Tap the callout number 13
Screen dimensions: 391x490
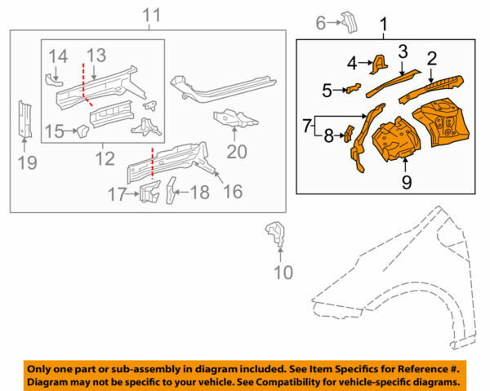pyautogui.click(x=97, y=55)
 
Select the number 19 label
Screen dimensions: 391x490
pyautogui.click(x=27, y=163)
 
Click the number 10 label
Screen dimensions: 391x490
pyautogui.click(x=282, y=272)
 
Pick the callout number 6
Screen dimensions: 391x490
pyautogui.click(x=321, y=22)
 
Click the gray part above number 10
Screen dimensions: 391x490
pyautogui.click(x=275, y=233)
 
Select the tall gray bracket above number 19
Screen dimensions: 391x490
pyautogui.click(x=24, y=119)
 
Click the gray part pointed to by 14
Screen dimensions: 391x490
pyautogui.click(x=53, y=79)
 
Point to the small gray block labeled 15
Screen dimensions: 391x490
pyautogui.click(x=81, y=131)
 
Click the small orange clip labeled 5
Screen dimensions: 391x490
pyautogui.click(x=354, y=88)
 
